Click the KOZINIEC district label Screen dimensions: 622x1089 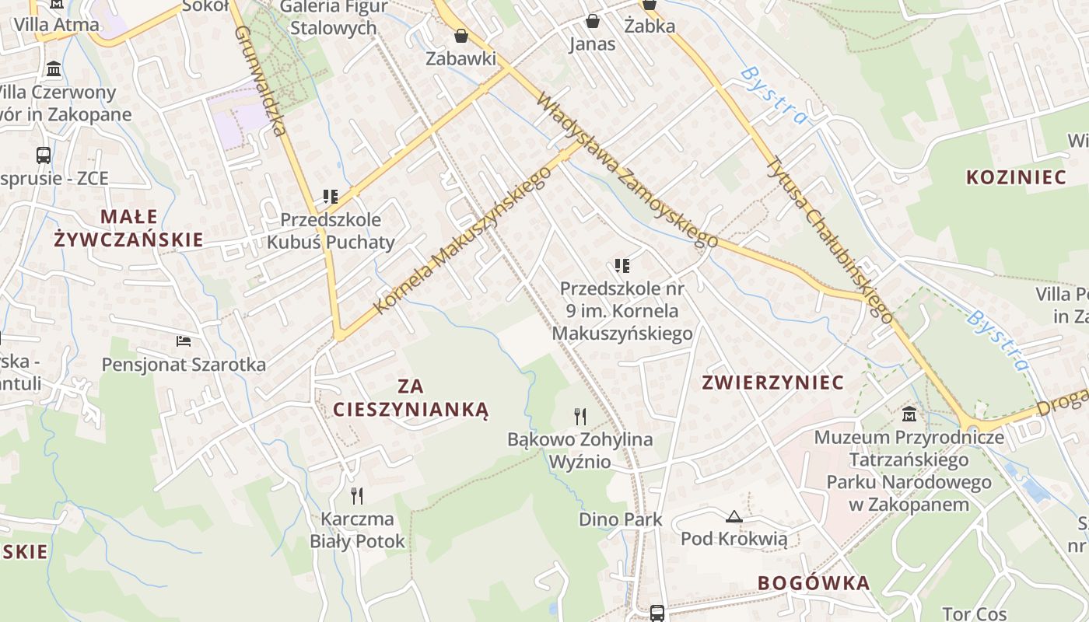pos(1016,177)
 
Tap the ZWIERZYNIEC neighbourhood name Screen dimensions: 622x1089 pos(772,383)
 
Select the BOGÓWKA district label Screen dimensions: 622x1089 pos(814,583)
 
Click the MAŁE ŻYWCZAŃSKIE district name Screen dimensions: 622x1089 pos(129,228)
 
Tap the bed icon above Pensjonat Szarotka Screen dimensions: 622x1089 pos(184,341)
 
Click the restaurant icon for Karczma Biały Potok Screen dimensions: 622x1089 pos(357,495)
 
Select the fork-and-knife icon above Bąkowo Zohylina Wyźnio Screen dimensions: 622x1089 pos(580,417)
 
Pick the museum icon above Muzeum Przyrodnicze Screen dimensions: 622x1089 pos(909,414)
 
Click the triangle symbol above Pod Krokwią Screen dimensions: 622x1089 pos(734,516)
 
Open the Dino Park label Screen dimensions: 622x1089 pos(621,519)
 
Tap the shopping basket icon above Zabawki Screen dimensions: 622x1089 pos(461,36)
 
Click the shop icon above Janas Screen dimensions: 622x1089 pos(593,20)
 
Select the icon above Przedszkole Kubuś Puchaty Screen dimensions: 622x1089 pos(331,197)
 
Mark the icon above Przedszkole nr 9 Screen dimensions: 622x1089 pos(622,266)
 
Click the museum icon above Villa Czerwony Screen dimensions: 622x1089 pos(54,69)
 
